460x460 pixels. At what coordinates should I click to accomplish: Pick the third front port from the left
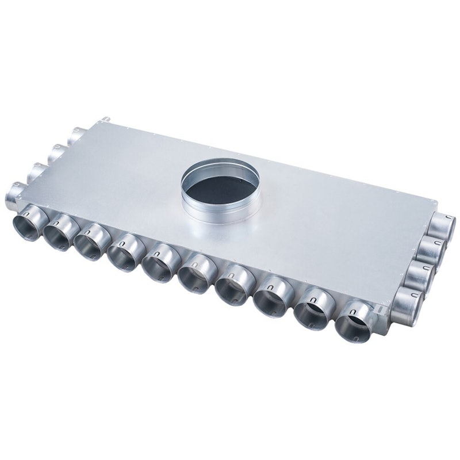91,241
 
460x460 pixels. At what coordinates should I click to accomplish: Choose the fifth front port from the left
158,263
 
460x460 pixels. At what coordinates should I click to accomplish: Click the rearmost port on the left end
75,136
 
